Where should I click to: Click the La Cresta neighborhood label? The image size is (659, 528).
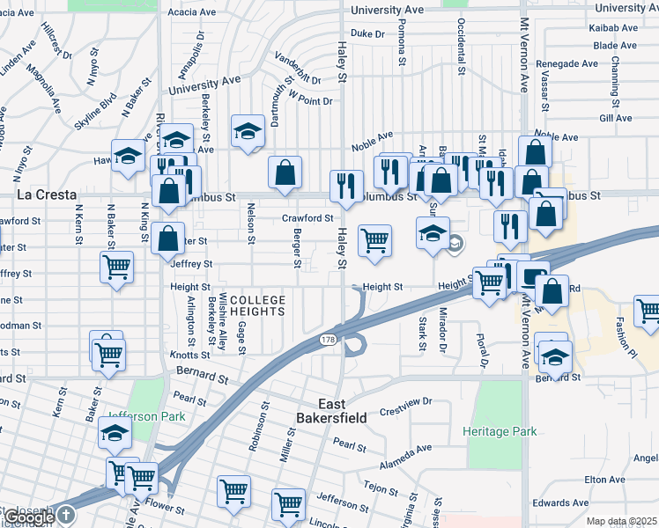pyautogui.click(x=46, y=194)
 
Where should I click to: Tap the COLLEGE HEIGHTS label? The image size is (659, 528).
pyautogui.click(x=257, y=305)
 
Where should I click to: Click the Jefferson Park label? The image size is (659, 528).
pyautogui.click(x=136, y=416)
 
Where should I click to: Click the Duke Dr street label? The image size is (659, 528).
pyautogui.click(x=368, y=33)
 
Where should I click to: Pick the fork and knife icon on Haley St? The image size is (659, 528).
pyautogui.click(x=346, y=185)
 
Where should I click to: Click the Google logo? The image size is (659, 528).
pyautogui.click(x=29, y=517)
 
